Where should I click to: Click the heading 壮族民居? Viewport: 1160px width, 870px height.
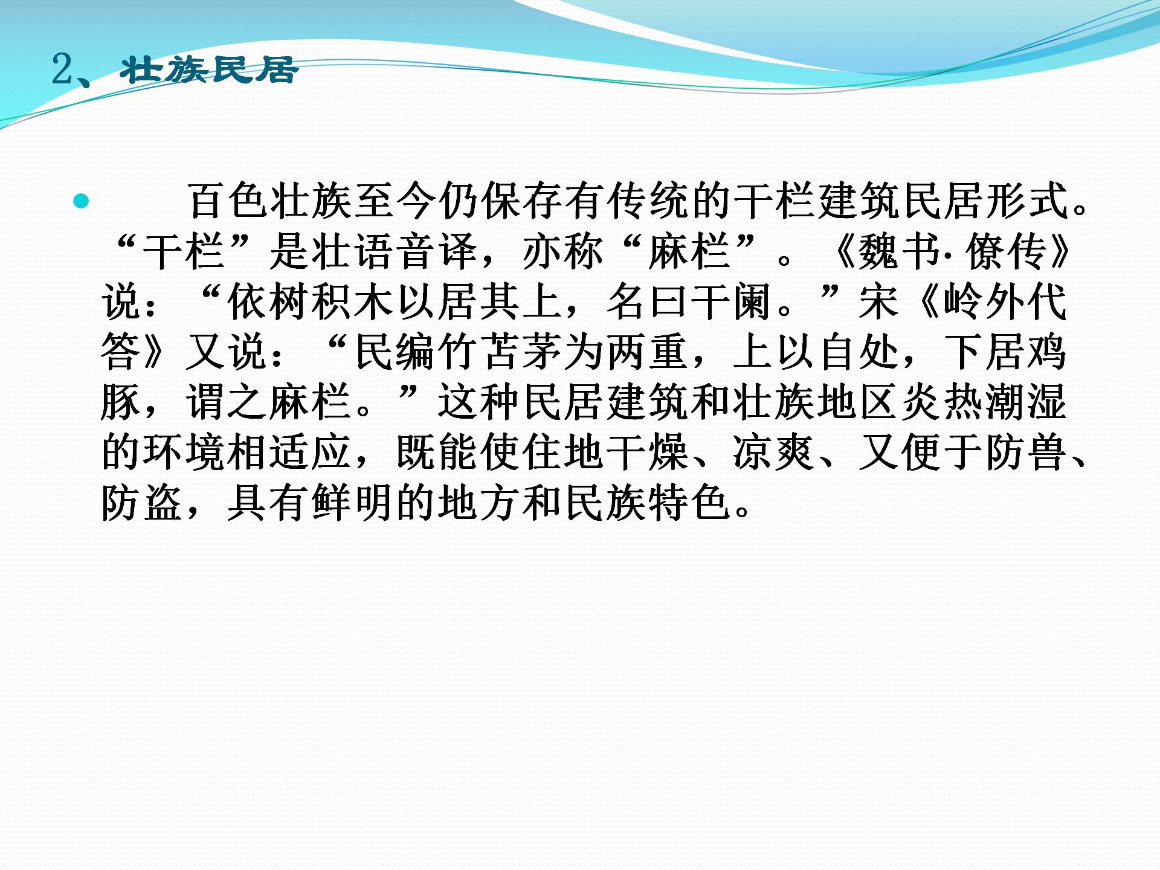pos(209,70)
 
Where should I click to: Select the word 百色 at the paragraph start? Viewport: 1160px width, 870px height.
pos(228,201)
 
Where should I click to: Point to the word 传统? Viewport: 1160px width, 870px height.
pos(648,201)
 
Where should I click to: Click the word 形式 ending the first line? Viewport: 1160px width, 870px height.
pos(1026,201)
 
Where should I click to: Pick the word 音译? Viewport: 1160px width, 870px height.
pos(438,251)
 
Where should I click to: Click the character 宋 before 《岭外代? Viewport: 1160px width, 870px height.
pos(880,302)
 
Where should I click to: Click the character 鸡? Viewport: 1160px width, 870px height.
pos(1047,352)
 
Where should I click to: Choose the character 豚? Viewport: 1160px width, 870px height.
pos(121,402)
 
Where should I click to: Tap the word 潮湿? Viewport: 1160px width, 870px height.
pos(1026,402)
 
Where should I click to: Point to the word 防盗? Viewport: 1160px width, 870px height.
pos(142,503)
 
